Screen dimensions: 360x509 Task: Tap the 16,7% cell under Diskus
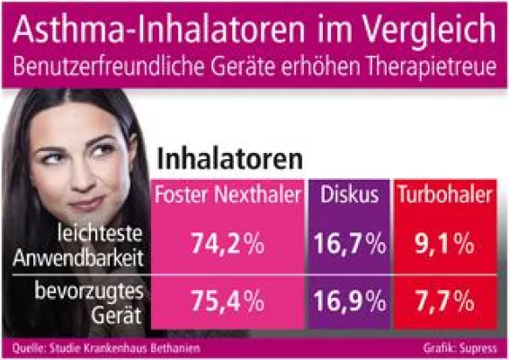pos(351,243)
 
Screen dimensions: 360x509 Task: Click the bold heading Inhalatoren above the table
pos(229,158)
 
